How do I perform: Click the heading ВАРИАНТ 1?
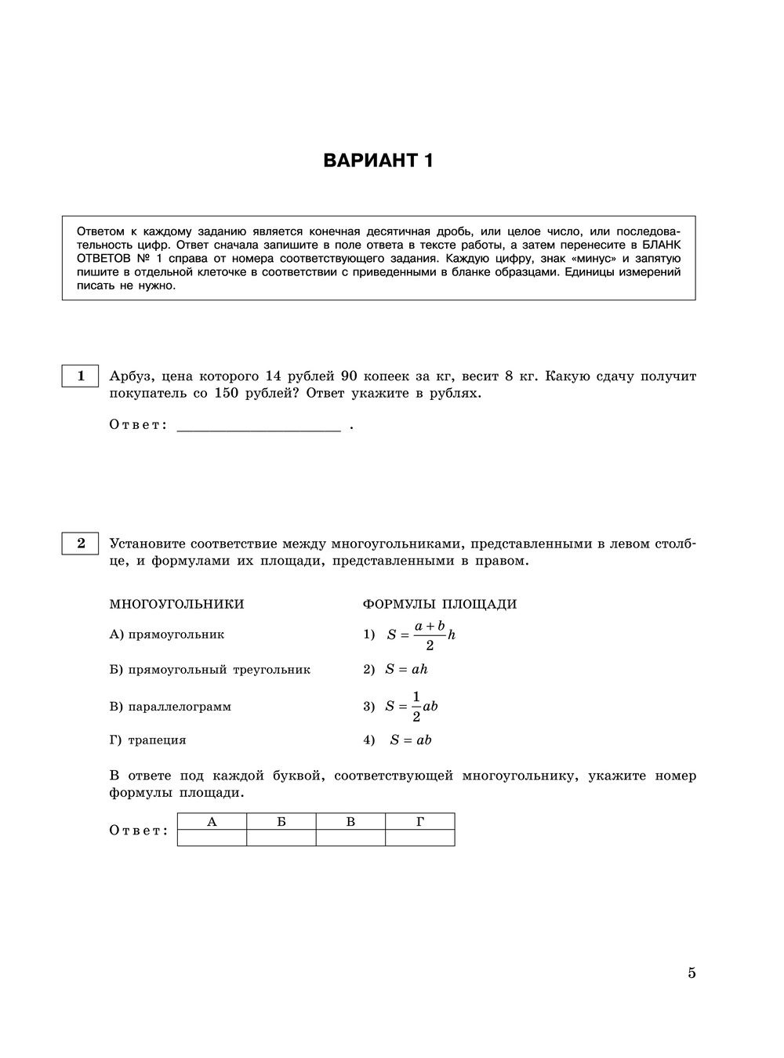click(378, 161)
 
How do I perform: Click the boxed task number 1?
click(80, 376)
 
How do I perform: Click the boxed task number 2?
click(80, 543)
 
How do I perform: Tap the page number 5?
click(691, 973)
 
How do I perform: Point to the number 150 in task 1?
click(226, 394)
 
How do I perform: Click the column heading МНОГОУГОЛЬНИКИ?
click(176, 604)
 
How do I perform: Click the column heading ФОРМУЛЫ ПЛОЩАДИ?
click(439, 604)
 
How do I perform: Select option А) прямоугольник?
click(167, 634)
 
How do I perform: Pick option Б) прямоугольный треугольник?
click(210, 670)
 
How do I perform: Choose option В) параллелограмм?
click(170, 707)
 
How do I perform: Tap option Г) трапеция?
click(147, 740)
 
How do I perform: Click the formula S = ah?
click(405, 670)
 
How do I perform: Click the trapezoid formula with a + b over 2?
click(420, 634)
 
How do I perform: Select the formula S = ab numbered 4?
click(410, 740)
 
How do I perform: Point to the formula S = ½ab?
click(411, 707)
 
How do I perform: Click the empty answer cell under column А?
click(212, 838)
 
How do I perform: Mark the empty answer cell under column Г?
click(420, 838)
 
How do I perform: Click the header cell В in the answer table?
click(350, 822)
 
